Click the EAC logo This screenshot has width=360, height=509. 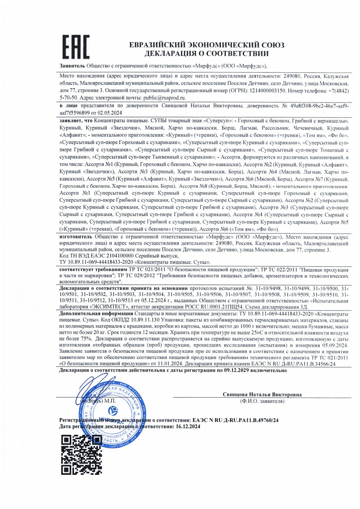click(76, 47)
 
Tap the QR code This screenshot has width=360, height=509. click(82, 455)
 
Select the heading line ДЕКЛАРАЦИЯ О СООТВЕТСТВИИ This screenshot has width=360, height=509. click(206, 53)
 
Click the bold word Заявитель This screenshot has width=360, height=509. click(72, 66)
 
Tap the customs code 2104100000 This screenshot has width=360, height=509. click(120, 256)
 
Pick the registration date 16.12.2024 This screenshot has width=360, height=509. click(188, 426)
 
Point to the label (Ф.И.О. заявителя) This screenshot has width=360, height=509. click(262, 401)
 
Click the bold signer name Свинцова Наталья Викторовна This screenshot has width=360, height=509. click(262, 394)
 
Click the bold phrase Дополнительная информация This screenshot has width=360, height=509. click(96, 314)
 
